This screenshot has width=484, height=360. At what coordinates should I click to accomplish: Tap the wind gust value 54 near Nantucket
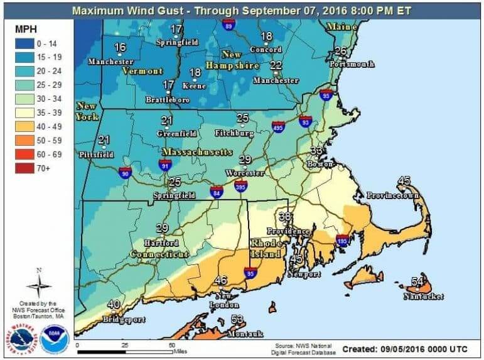(417, 281)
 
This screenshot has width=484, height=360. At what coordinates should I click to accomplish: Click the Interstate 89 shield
(229, 25)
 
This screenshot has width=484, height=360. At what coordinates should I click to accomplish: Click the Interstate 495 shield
(279, 126)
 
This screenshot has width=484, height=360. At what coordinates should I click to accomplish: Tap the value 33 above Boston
(316, 151)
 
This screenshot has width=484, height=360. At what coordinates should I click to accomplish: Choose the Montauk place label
(245, 334)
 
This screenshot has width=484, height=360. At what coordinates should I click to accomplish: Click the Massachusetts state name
(197, 153)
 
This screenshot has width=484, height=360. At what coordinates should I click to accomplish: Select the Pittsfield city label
(96, 154)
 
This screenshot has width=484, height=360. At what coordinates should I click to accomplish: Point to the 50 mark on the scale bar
(171, 346)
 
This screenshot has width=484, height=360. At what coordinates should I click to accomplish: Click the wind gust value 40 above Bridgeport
(114, 305)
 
